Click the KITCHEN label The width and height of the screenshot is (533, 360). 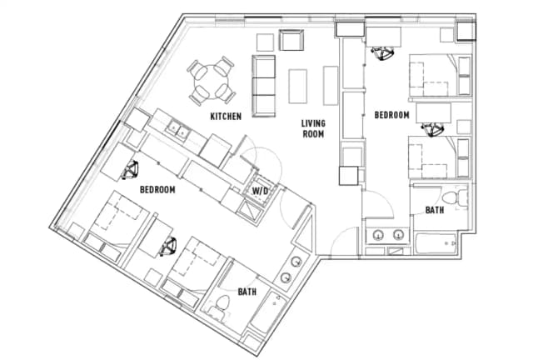(x=226, y=116)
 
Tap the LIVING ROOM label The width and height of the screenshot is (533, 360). (x=312, y=128)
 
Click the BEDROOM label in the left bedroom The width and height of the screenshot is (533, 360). (x=157, y=190)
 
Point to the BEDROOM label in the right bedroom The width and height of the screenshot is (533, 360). (x=391, y=113)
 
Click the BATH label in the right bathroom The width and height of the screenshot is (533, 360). (x=435, y=211)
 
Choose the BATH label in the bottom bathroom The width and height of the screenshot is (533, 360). (x=247, y=292)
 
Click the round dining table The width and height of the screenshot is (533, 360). (x=211, y=81)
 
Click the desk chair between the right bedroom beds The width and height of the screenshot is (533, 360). (x=432, y=128)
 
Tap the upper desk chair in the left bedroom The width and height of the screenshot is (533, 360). (x=130, y=171)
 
